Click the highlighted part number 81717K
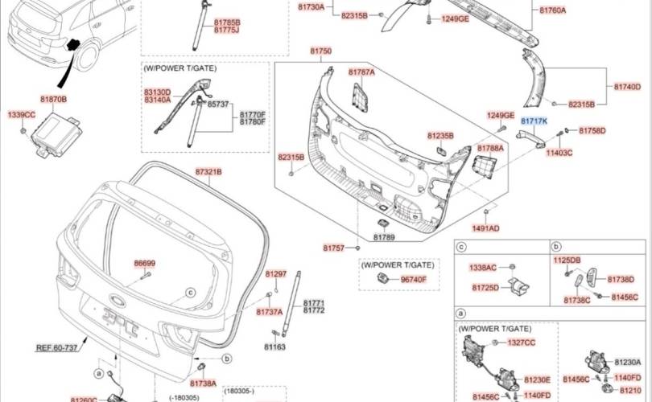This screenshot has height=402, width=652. [x=534, y=121]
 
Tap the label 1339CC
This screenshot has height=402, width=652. [x=22, y=116]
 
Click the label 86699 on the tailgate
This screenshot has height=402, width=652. [x=145, y=263]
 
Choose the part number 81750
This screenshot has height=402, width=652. [x=321, y=51]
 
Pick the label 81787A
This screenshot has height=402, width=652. [x=361, y=72]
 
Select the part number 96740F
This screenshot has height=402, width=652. [x=414, y=279]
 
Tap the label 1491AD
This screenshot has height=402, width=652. [x=485, y=228]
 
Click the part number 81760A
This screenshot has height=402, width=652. [x=552, y=10]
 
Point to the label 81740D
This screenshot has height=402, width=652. [x=627, y=87]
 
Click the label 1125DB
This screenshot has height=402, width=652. [x=566, y=260]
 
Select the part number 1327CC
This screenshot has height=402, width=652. [x=521, y=342]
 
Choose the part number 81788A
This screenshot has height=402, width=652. [x=490, y=149]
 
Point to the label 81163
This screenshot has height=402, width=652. [x=275, y=347]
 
